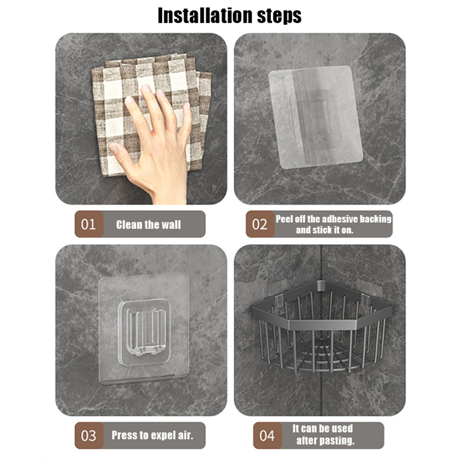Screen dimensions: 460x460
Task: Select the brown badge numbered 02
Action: click(x=260, y=224)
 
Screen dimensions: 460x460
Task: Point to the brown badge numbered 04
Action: click(x=267, y=436)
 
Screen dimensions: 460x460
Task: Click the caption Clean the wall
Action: click(x=148, y=225)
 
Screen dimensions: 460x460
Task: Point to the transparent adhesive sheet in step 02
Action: click(x=315, y=117)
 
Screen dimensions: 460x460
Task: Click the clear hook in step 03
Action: click(x=144, y=332)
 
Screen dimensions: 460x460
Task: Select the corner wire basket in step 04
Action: click(x=322, y=326)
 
